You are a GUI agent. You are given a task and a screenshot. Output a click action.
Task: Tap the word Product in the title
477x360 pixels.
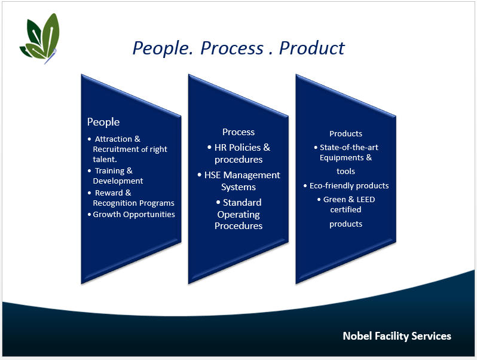coord(312,48)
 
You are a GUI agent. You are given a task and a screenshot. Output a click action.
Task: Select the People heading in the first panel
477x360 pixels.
coord(103,122)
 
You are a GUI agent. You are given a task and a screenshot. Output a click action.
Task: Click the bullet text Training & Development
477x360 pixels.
coord(118,176)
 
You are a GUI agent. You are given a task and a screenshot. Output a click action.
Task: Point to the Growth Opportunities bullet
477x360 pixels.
coord(134,214)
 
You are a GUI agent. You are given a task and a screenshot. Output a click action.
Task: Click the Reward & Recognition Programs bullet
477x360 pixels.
coord(133,198)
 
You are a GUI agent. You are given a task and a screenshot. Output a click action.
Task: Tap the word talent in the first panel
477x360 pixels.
coord(105,160)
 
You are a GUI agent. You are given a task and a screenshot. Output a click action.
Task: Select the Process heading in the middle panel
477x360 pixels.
coord(239,132)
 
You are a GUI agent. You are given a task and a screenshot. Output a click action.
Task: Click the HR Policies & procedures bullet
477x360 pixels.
coord(239,153)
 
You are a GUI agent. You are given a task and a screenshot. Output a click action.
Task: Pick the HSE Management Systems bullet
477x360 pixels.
coord(239,181)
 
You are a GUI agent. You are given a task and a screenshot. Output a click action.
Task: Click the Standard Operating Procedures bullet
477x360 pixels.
coord(239,214)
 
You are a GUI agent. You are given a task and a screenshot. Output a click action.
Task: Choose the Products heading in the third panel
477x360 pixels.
coord(346,133)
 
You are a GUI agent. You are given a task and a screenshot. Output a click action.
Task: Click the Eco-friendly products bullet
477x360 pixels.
coord(349,185)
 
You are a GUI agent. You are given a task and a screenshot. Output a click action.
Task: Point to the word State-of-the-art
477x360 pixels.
coord(349,147)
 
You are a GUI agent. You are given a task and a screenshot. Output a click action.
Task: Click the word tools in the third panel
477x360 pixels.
coord(346,171)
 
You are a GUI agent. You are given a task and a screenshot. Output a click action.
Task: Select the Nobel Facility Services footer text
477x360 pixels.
coord(397,336)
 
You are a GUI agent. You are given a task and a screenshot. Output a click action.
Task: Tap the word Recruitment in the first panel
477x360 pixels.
coord(117,149)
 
